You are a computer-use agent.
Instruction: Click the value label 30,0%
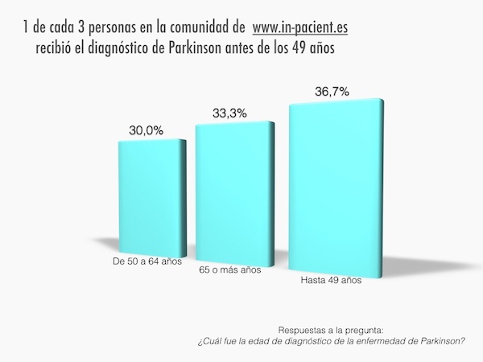coord(147,129)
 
